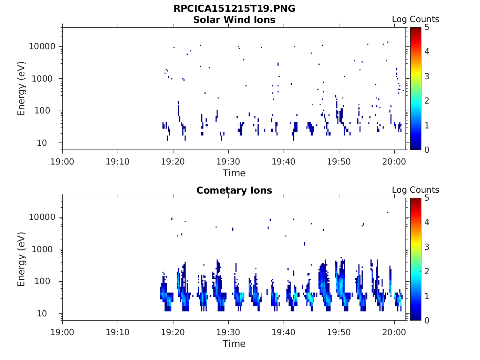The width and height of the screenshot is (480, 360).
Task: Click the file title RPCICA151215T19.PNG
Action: (x=234, y=9)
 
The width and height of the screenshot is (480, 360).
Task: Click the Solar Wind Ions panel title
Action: (x=234, y=20)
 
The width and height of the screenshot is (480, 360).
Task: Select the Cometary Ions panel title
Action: (x=234, y=190)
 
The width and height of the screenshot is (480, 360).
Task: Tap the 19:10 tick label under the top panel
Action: (x=118, y=162)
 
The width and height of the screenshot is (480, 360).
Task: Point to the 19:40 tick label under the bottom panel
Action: (x=284, y=332)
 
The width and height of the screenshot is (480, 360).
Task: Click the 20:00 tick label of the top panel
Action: (x=394, y=162)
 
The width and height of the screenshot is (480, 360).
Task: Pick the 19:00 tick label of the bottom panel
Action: (x=63, y=332)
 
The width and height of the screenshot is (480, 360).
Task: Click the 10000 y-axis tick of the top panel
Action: (x=43, y=46)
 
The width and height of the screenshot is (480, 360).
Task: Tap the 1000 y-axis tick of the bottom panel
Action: (x=45, y=249)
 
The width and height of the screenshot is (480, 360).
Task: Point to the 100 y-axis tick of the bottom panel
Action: (x=47, y=281)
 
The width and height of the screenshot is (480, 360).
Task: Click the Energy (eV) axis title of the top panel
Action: (x=22, y=88)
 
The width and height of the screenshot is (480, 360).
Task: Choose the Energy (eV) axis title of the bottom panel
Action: (x=22, y=259)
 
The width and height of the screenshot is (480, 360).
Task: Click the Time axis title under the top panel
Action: (x=234, y=173)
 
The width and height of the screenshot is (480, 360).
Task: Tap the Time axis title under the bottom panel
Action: (x=234, y=344)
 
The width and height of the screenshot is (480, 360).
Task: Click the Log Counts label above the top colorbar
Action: (x=415, y=19)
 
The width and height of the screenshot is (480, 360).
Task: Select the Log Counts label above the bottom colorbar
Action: (x=415, y=190)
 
